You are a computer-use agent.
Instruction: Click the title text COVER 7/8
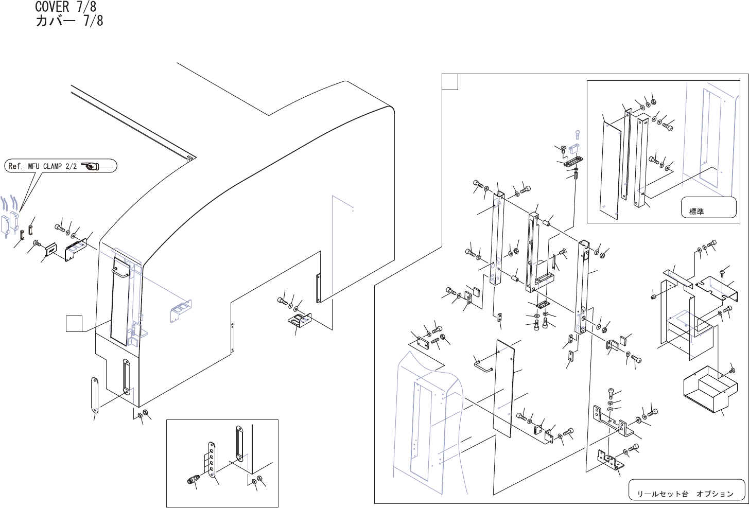(65, 7)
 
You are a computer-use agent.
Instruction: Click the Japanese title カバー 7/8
(69, 21)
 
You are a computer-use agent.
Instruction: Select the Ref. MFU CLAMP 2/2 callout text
(43, 166)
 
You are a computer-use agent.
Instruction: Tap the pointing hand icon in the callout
(92, 166)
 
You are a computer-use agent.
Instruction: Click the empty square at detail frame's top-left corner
(450, 82)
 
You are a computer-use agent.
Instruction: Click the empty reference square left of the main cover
(74, 325)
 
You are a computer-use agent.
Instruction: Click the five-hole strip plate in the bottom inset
(212, 460)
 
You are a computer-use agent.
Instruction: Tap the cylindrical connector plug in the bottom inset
(194, 481)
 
